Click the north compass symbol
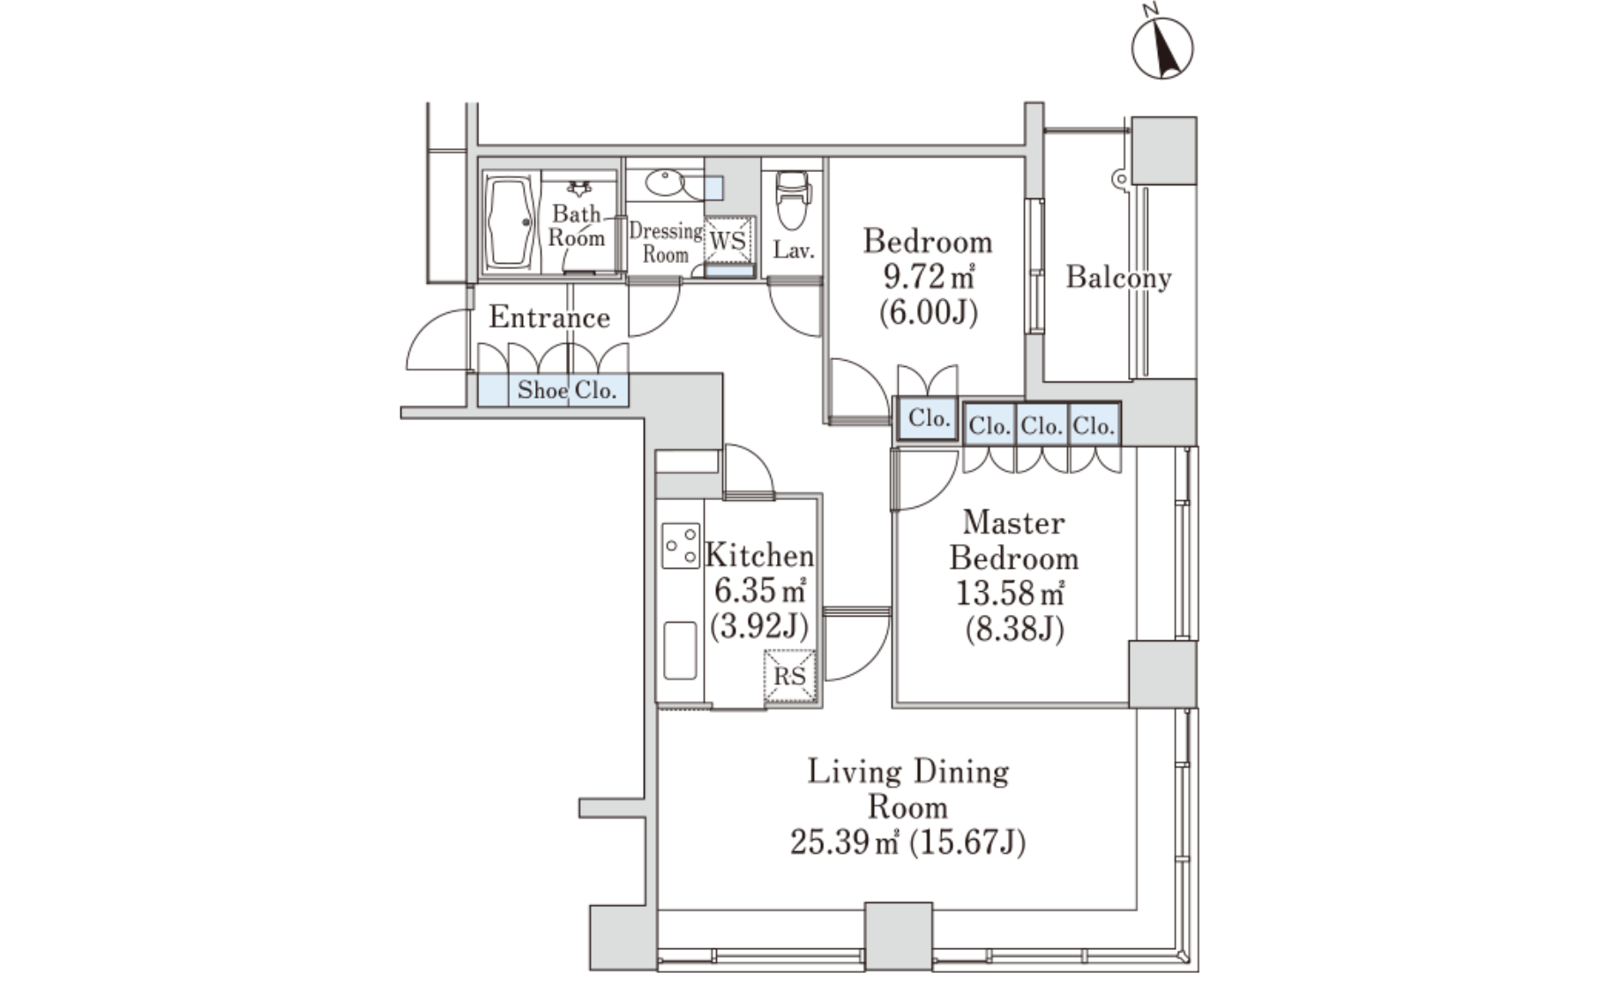pos(1162,46)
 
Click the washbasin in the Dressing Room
pos(663,183)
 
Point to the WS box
pos(728,240)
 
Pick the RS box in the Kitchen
pos(789,676)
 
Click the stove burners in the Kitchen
pos(680,546)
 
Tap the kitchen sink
pos(680,650)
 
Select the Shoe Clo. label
pos(567,390)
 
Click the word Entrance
pos(549,318)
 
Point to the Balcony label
pos(1118,278)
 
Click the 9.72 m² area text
pos(929,277)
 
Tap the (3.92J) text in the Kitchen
pos(759,625)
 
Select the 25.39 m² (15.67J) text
pos(907,843)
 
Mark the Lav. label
pos(794,251)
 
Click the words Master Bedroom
pos(1014,540)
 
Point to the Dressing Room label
pos(666,243)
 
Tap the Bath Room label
pos(577,225)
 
